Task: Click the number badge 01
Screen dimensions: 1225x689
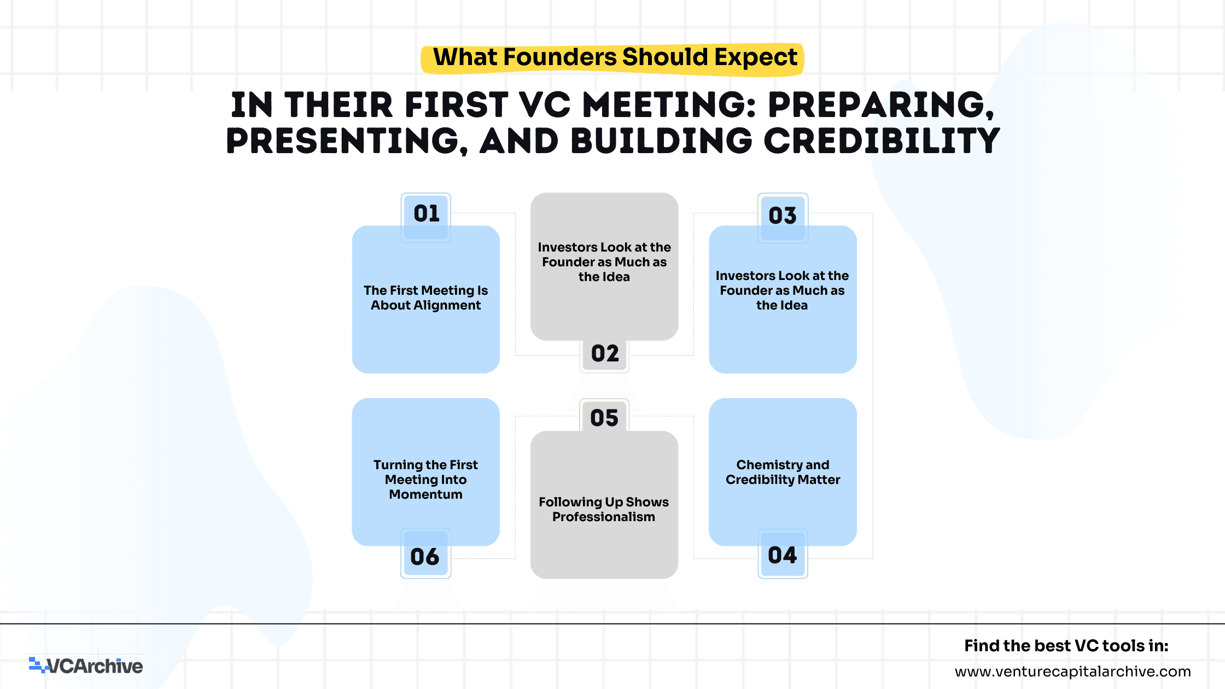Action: tap(426, 217)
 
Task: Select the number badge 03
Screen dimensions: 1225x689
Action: tap(783, 218)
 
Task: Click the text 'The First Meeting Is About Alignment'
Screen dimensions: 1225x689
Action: tap(426, 297)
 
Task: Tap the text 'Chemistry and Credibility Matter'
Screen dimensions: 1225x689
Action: tap(783, 472)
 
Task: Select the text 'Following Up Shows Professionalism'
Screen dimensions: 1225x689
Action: tap(604, 509)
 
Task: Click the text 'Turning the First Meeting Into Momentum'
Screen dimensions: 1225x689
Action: tap(425, 480)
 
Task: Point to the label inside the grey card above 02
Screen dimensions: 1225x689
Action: tap(604, 262)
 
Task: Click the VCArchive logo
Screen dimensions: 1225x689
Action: tap(86, 665)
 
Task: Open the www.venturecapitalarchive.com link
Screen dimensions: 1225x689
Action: tap(1073, 671)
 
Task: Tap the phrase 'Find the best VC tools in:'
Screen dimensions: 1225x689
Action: tap(1066, 646)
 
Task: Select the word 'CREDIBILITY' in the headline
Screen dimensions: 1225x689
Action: tap(882, 141)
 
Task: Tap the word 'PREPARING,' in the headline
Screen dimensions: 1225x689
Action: tap(881, 105)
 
